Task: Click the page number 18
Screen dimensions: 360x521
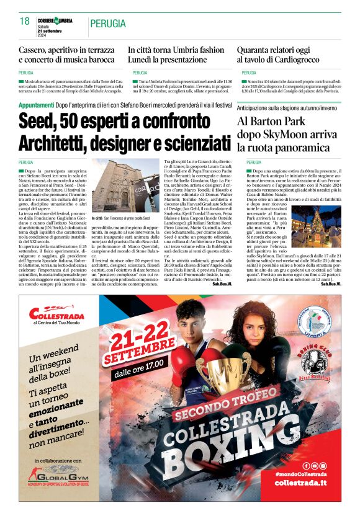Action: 25,20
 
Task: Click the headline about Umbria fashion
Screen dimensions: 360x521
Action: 176,55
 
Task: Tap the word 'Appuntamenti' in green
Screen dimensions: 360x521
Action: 36,106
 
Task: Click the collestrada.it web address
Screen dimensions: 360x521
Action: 300,483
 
